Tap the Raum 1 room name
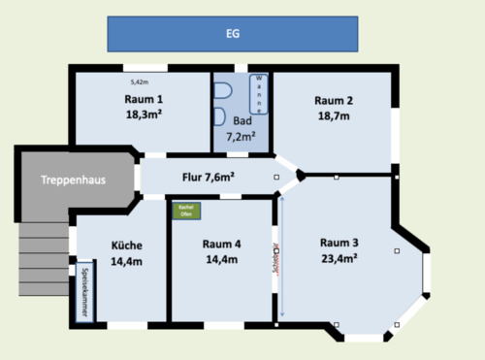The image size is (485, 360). pyautogui.click(x=144, y=99)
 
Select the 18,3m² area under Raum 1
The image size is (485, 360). pyautogui.click(x=144, y=114)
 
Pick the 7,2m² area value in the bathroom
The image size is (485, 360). pyautogui.click(x=241, y=137)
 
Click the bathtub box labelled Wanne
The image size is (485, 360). pyautogui.click(x=259, y=94)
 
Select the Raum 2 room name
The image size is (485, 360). pyautogui.click(x=334, y=100)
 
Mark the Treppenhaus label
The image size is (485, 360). pyautogui.click(x=73, y=180)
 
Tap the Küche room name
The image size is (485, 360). pyautogui.click(x=126, y=245)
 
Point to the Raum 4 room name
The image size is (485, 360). pyautogui.click(x=221, y=245)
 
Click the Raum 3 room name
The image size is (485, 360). pyautogui.click(x=339, y=243)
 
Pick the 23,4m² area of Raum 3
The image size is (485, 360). pyautogui.click(x=339, y=258)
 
